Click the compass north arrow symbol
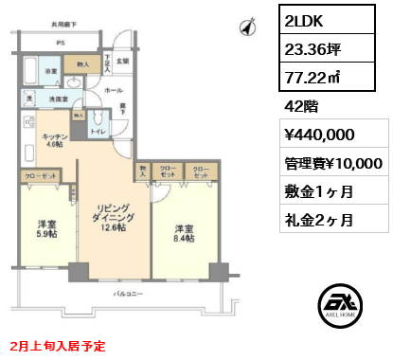(248, 27)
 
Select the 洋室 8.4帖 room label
(183, 233)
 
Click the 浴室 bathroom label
(51, 71)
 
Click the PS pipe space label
(60, 43)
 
